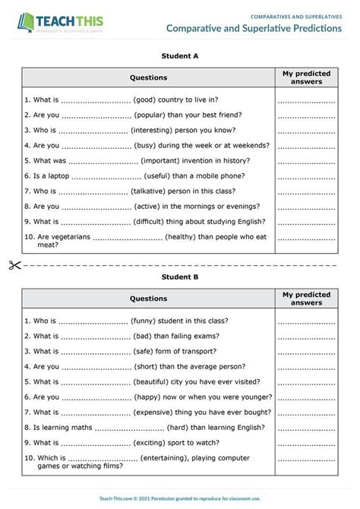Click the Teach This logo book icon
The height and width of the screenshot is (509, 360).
coord(27,22)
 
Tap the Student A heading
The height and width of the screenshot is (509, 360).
coord(180,55)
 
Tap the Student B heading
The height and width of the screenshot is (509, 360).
coord(180,277)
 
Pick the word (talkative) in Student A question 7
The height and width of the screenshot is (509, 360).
coord(155,191)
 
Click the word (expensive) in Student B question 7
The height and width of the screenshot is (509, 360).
coord(159,412)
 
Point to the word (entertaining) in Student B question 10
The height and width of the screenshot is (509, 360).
coord(172,458)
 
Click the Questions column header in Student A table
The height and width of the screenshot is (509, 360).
coord(148,77)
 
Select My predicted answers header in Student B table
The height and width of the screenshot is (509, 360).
coord(306,299)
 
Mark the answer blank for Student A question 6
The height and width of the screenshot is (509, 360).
coord(306,175)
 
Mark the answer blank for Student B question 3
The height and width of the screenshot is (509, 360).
coord(306,351)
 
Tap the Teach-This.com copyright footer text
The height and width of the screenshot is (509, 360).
coord(180,498)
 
